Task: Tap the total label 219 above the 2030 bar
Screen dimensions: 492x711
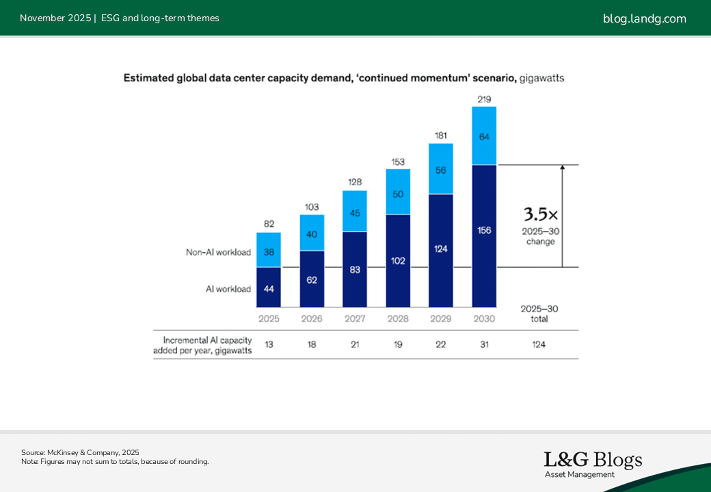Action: pyautogui.click(x=484, y=100)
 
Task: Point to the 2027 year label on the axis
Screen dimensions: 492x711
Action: pyautogui.click(x=355, y=318)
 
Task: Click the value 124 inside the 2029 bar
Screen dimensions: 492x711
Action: pyautogui.click(x=441, y=249)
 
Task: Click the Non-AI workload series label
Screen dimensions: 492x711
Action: pyautogui.click(x=218, y=252)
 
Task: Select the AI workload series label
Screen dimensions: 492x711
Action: pyautogui.click(x=228, y=289)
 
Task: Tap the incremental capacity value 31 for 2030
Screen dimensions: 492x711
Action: pyautogui.click(x=484, y=344)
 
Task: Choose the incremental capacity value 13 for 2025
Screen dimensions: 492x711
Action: pyautogui.click(x=269, y=344)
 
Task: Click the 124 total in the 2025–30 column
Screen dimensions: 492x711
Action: pyautogui.click(x=539, y=344)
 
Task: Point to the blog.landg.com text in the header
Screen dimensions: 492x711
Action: pyautogui.click(x=644, y=18)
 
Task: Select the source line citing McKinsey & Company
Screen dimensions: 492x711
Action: pyautogui.click(x=80, y=452)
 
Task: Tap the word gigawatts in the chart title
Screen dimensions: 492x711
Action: pyautogui.click(x=541, y=79)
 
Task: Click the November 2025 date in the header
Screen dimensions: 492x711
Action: pyautogui.click(x=55, y=18)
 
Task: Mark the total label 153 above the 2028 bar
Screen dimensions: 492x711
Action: pyautogui.click(x=398, y=162)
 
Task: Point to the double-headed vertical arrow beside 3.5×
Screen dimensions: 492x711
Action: pyautogui.click(x=562, y=215)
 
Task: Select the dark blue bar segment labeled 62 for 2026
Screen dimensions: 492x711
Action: pyautogui.click(x=312, y=279)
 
